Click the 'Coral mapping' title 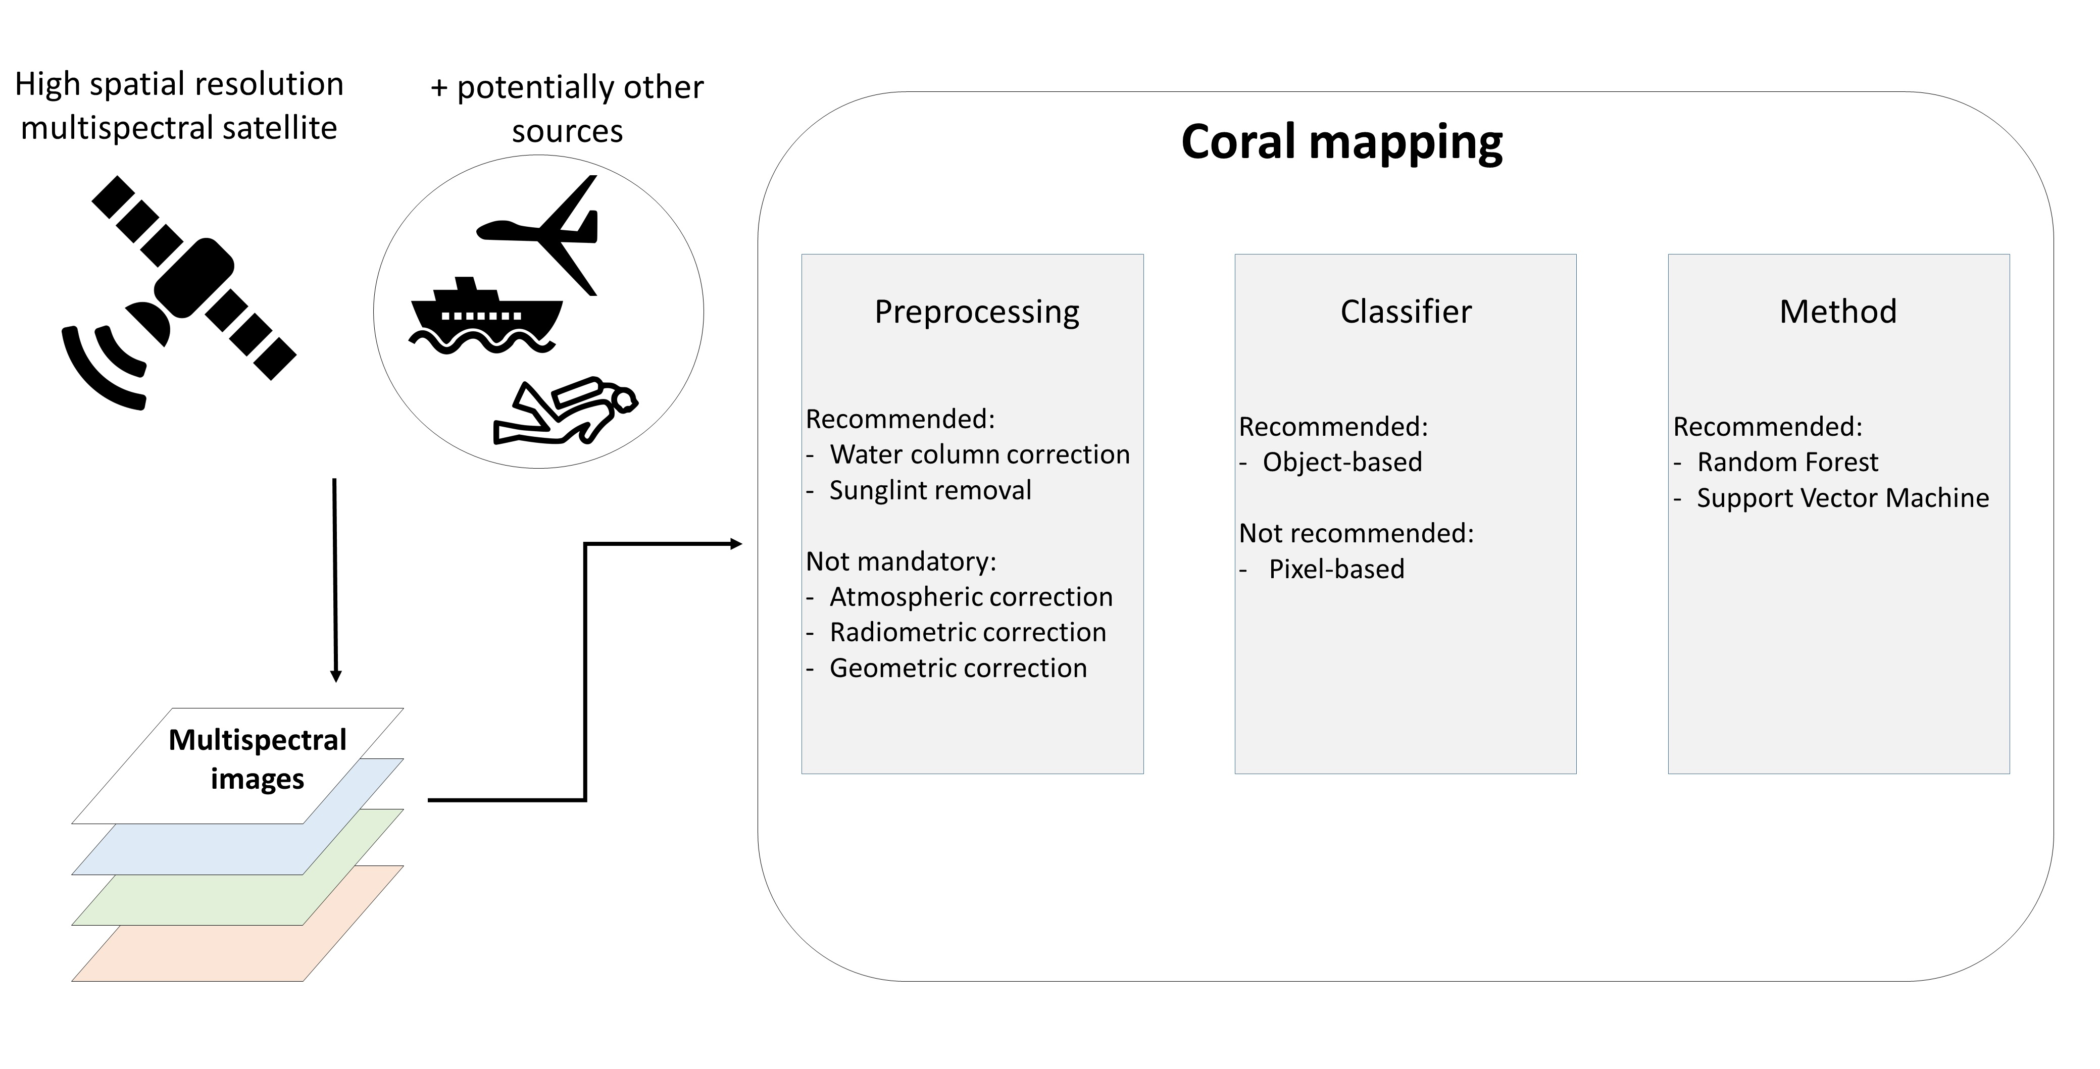[x=1342, y=142]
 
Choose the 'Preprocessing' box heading [x=977, y=311]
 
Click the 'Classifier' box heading [x=1406, y=311]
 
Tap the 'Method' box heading [x=1838, y=311]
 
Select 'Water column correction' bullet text [x=980, y=454]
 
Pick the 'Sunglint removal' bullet [x=930, y=490]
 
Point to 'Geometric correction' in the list [x=959, y=668]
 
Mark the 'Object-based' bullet [x=1342, y=462]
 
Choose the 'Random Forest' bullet [x=1788, y=462]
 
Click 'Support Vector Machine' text [x=1843, y=498]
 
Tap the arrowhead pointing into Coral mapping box [x=736, y=543]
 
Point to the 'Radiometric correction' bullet [x=968, y=632]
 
